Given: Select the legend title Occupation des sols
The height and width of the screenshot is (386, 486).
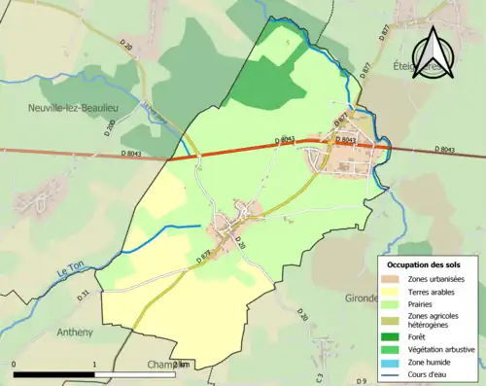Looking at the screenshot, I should (x=424, y=264).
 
